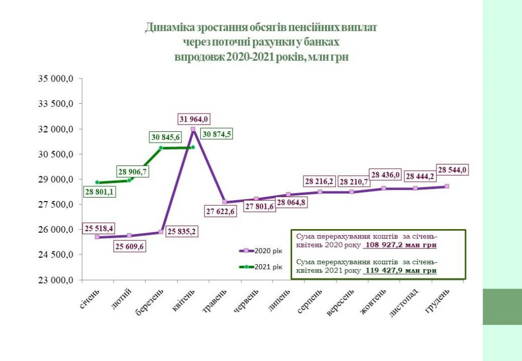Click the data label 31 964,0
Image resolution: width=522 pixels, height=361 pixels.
[193, 119]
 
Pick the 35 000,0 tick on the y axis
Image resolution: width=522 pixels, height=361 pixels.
[57, 79]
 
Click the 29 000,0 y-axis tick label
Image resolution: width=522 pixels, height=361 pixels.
[57, 179]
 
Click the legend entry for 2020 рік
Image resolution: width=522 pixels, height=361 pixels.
[261, 251]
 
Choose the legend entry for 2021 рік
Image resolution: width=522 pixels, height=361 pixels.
[261, 266]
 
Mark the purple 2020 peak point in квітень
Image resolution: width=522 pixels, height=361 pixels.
[193, 129]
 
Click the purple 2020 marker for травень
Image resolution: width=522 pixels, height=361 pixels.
[225, 202]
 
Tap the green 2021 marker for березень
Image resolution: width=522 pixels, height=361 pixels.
[161, 148]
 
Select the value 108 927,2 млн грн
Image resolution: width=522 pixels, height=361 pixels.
[401, 245]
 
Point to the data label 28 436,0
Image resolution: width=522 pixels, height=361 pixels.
[386, 174]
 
